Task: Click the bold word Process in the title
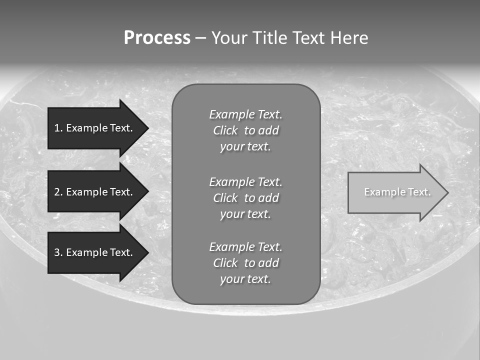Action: point(157,38)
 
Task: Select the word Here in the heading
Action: point(348,38)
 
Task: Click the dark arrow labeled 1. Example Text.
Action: point(95,128)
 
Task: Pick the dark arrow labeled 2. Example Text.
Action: point(95,192)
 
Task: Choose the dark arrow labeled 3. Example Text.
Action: point(95,252)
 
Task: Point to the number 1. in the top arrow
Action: point(58,128)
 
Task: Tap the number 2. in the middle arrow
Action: point(58,192)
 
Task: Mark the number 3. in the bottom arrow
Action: point(58,252)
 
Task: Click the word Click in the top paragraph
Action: point(225,130)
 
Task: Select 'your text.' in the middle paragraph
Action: point(245,214)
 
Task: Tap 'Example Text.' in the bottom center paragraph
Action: point(245,247)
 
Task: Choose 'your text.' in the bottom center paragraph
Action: point(245,279)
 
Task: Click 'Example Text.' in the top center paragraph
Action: point(245,114)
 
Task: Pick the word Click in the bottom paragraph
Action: point(225,263)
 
